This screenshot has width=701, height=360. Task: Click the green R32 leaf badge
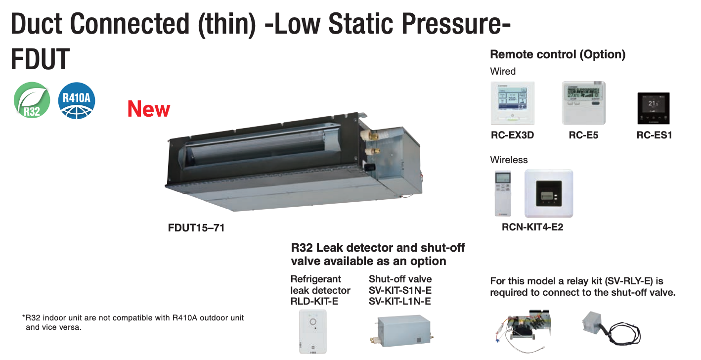point(32,100)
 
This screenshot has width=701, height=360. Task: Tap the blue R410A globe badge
point(77,100)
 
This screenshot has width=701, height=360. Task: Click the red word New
point(149,109)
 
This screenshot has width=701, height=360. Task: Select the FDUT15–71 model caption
point(196,227)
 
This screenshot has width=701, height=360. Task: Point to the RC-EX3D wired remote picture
point(513,103)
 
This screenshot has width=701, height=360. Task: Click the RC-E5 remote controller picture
point(584,103)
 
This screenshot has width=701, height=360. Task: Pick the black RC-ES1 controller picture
point(654,108)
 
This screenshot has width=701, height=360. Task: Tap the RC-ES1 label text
point(655,135)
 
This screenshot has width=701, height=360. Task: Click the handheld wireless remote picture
point(503,193)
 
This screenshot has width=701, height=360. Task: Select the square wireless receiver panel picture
point(549,193)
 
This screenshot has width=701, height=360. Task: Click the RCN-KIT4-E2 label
point(532,227)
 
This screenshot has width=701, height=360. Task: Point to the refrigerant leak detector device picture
point(312,331)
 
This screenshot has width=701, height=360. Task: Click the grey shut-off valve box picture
point(402,330)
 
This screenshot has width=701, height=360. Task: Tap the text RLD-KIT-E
point(314,301)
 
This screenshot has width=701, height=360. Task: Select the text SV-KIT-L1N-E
point(399,301)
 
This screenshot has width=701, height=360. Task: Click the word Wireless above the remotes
point(509,160)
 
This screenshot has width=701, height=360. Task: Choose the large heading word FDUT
point(40,59)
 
